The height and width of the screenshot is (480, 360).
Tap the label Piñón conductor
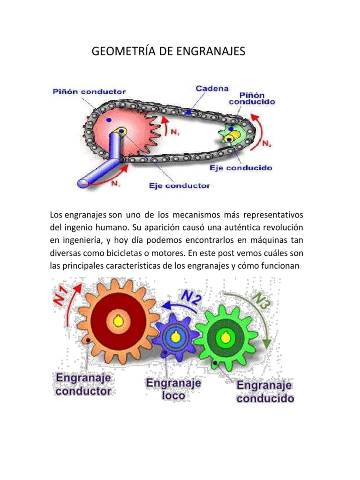(x=89, y=91)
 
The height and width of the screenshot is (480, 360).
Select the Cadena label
(x=212, y=88)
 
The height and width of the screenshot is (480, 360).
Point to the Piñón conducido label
(x=252, y=97)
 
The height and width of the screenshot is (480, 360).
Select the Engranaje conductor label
(x=83, y=384)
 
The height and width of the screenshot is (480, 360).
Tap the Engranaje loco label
(x=173, y=389)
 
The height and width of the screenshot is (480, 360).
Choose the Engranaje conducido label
(x=265, y=392)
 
